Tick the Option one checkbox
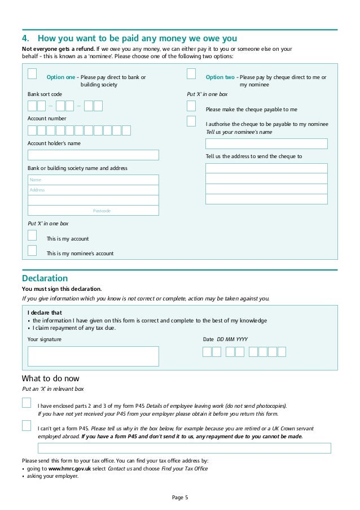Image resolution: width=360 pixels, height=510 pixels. [32, 73]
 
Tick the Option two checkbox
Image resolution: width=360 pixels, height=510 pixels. [191, 73]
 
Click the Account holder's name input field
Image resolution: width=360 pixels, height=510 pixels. [93, 155]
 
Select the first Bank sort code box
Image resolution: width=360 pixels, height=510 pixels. [32, 106]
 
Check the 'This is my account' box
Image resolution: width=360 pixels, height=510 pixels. [32, 235]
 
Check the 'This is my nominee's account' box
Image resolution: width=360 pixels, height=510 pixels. [32, 250]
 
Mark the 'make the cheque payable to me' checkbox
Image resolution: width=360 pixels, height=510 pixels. [191, 106]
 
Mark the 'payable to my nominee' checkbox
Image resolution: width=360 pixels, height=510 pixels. [191, 121]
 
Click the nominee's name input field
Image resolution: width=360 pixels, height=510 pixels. [266, 143]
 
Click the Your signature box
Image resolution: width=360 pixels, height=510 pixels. [93, 356]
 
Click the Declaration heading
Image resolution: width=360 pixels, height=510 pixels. [45, 278]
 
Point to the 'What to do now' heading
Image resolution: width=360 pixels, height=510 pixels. [50, 378]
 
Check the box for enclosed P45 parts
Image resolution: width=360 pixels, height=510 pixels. [27, 403]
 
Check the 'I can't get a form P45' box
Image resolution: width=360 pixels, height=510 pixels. [27, 425]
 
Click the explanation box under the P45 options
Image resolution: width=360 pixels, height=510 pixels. [184, 448]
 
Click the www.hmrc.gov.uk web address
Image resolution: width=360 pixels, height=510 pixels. [70, 469]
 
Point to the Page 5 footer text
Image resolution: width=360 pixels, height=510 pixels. [180, 498]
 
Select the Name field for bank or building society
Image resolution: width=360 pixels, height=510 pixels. [93, 180]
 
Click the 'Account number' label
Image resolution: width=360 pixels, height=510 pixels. [47, 119]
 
